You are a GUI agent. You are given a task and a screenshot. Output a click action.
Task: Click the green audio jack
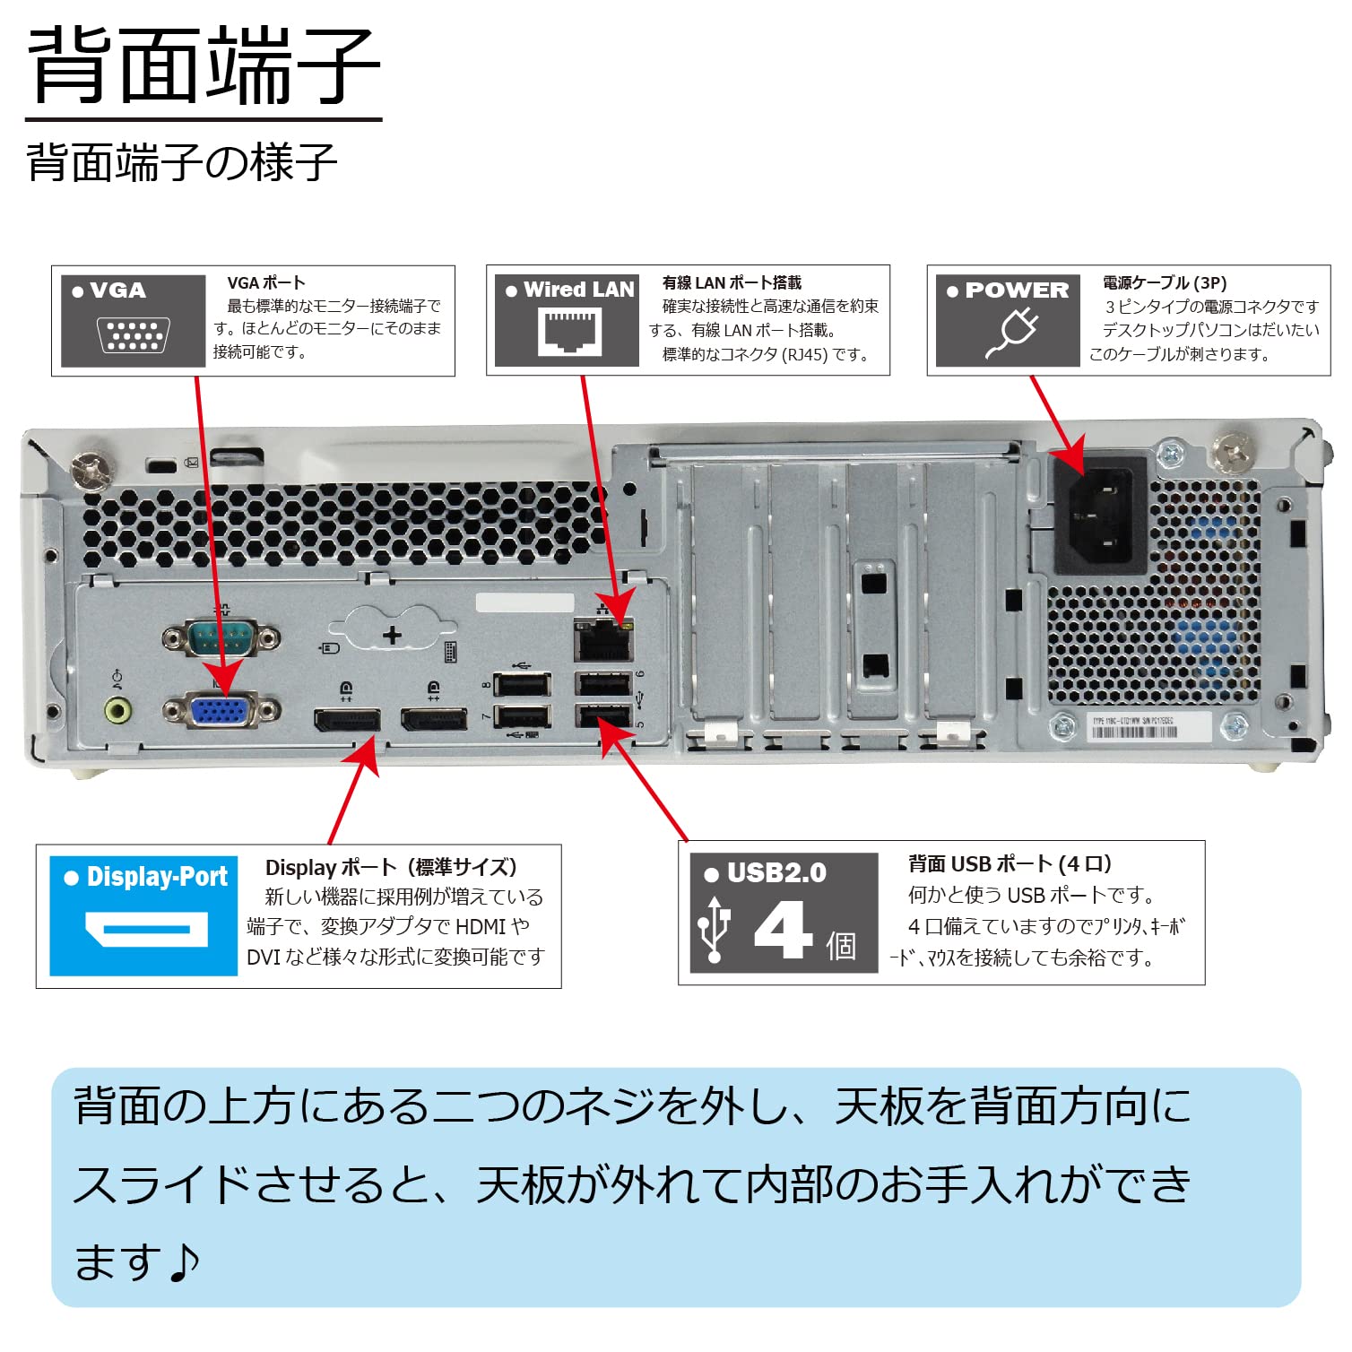117,711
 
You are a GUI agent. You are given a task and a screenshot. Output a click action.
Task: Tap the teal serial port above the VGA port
221,639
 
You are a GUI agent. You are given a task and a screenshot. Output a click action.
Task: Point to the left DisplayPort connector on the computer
346,720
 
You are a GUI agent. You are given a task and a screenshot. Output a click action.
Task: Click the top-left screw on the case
91,469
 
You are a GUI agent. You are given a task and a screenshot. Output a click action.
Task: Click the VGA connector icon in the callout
133,335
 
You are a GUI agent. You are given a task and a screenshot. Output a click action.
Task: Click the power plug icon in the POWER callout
1012,333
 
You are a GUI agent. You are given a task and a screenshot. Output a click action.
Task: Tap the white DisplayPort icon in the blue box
146,929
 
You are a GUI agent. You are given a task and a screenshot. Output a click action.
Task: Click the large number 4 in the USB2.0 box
783,929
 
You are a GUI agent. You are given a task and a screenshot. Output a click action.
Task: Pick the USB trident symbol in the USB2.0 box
715,929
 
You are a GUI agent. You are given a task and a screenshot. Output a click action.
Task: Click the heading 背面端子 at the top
204,66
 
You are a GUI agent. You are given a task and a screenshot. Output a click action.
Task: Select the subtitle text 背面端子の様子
182,163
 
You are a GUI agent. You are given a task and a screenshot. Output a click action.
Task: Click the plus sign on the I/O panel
392,636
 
